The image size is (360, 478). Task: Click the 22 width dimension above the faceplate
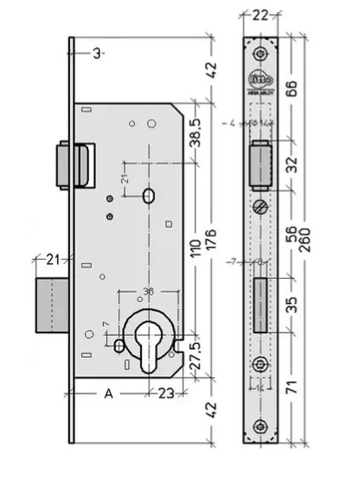259,15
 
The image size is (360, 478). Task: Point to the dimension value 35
292,304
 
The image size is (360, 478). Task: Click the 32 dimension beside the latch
292,163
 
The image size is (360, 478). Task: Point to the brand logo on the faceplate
260,79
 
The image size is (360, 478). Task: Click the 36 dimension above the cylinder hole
148,292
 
